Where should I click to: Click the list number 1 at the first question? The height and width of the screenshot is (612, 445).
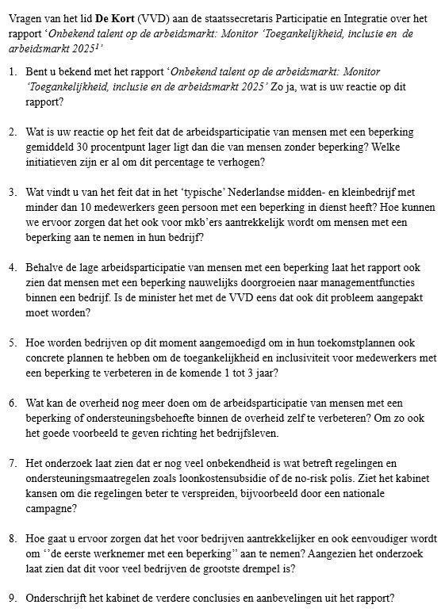(13, 71)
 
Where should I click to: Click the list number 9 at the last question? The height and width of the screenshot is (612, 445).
(13, 599)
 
